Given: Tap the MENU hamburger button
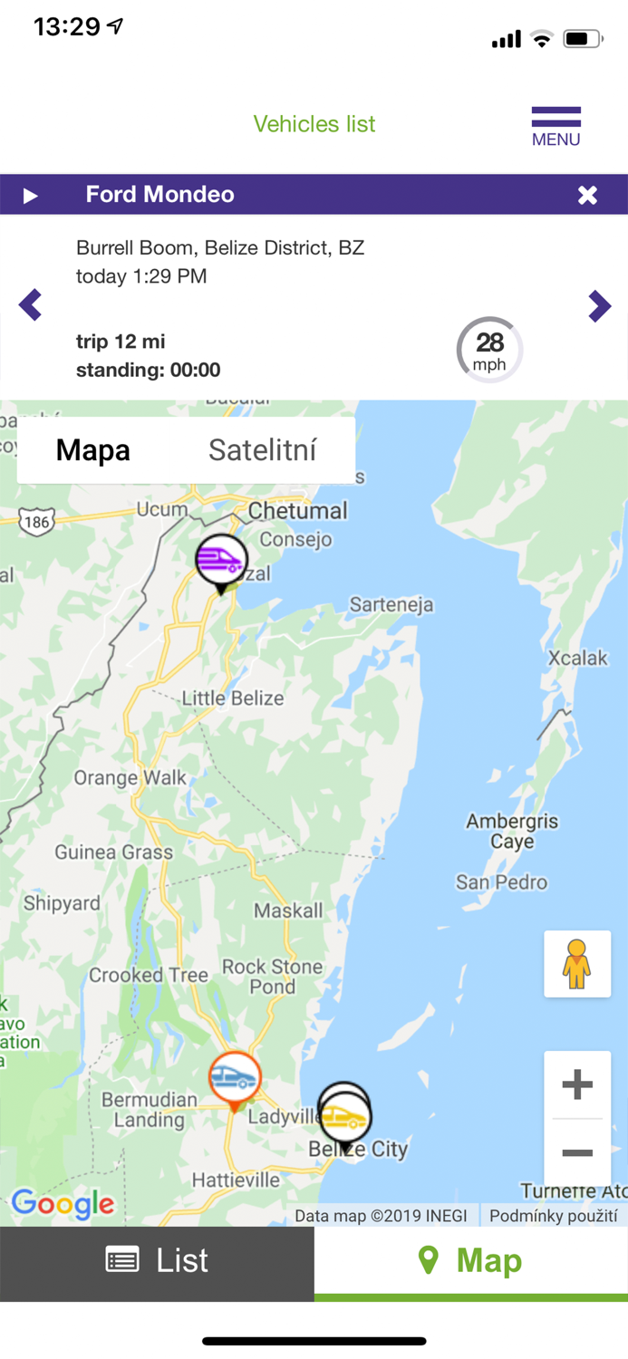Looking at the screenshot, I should (556, 126).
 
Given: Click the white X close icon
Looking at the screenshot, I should (587, 195).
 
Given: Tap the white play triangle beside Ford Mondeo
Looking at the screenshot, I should (31, 196).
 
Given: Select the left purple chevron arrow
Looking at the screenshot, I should (31, 305).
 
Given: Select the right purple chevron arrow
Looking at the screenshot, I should (599, 306).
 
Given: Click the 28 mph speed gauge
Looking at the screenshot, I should (489, 350).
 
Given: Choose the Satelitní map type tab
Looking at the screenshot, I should (262, 450).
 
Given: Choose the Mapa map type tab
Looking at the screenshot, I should (93, 450).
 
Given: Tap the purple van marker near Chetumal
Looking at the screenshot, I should (221, 560).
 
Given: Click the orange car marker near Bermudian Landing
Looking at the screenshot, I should (235, 1077).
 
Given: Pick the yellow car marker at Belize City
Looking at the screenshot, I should (345, 1116).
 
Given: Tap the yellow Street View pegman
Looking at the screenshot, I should (576, 964).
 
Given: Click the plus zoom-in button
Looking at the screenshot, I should (577, 1084).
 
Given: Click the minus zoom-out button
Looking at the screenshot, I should (577, 1152).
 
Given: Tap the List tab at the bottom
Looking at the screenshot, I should (157, 1260).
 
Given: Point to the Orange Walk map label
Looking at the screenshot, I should (130, 777).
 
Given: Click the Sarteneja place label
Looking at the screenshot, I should (391, 604).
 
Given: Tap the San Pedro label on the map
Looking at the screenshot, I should (501, 882).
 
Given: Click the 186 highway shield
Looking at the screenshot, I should (36, 522).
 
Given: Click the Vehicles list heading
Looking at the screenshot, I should (314, 124).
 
